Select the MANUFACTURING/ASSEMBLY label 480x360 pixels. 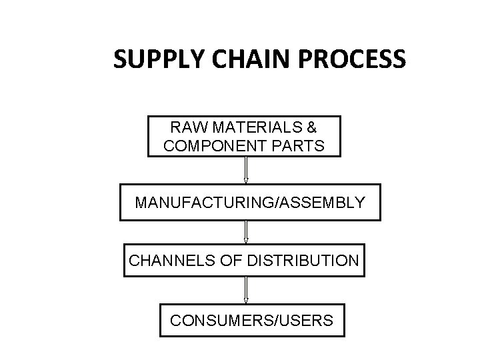click(250, 201)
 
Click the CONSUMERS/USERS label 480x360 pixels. click(251, 321)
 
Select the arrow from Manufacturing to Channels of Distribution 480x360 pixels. click(246, 231)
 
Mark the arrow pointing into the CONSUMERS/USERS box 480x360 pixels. click(246, 291)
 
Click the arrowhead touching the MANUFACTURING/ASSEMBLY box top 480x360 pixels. click(246, 180)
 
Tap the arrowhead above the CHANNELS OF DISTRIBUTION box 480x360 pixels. click(246, 241)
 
